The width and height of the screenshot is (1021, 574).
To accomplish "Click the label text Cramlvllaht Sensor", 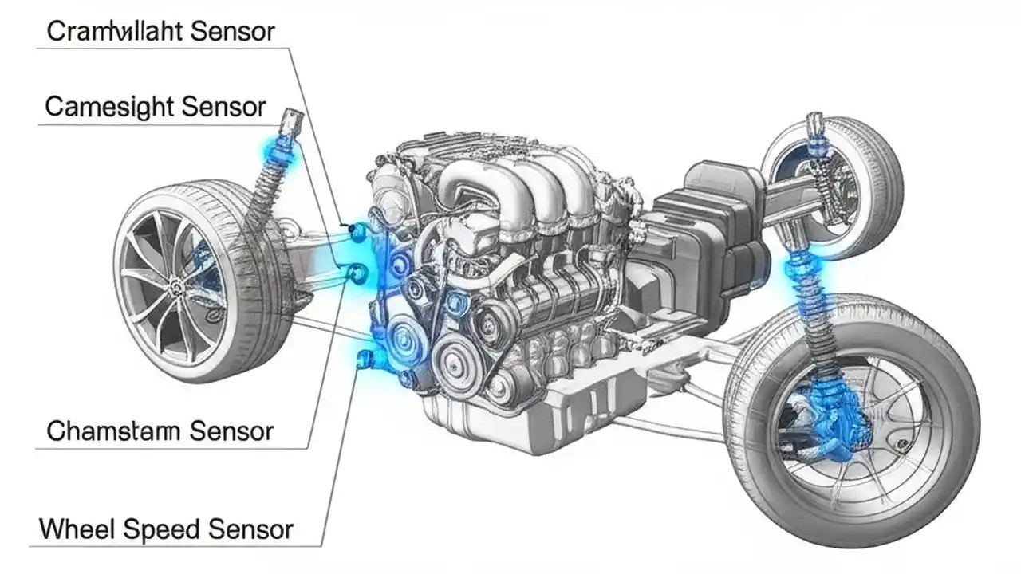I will click(x=160, y=32).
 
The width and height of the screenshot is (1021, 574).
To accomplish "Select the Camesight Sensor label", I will click(x=156, y=107).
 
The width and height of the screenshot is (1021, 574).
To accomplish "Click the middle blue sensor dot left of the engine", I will click(x=358, y=274).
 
